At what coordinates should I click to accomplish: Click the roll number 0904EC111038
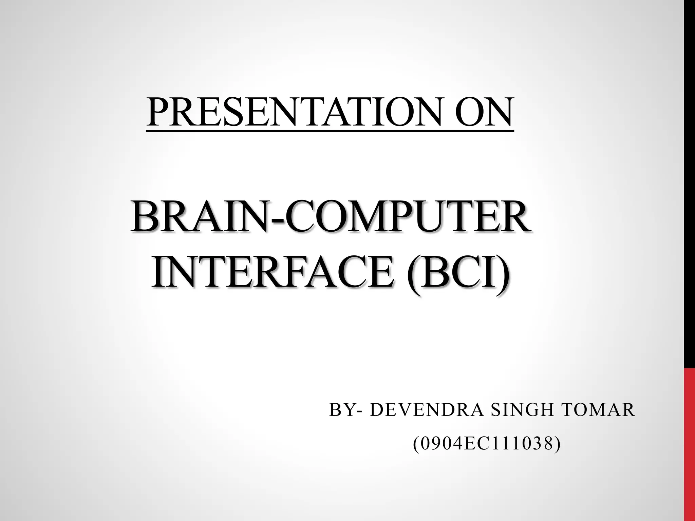[x=487, y=444]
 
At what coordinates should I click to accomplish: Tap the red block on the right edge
[x=689, y=444]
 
